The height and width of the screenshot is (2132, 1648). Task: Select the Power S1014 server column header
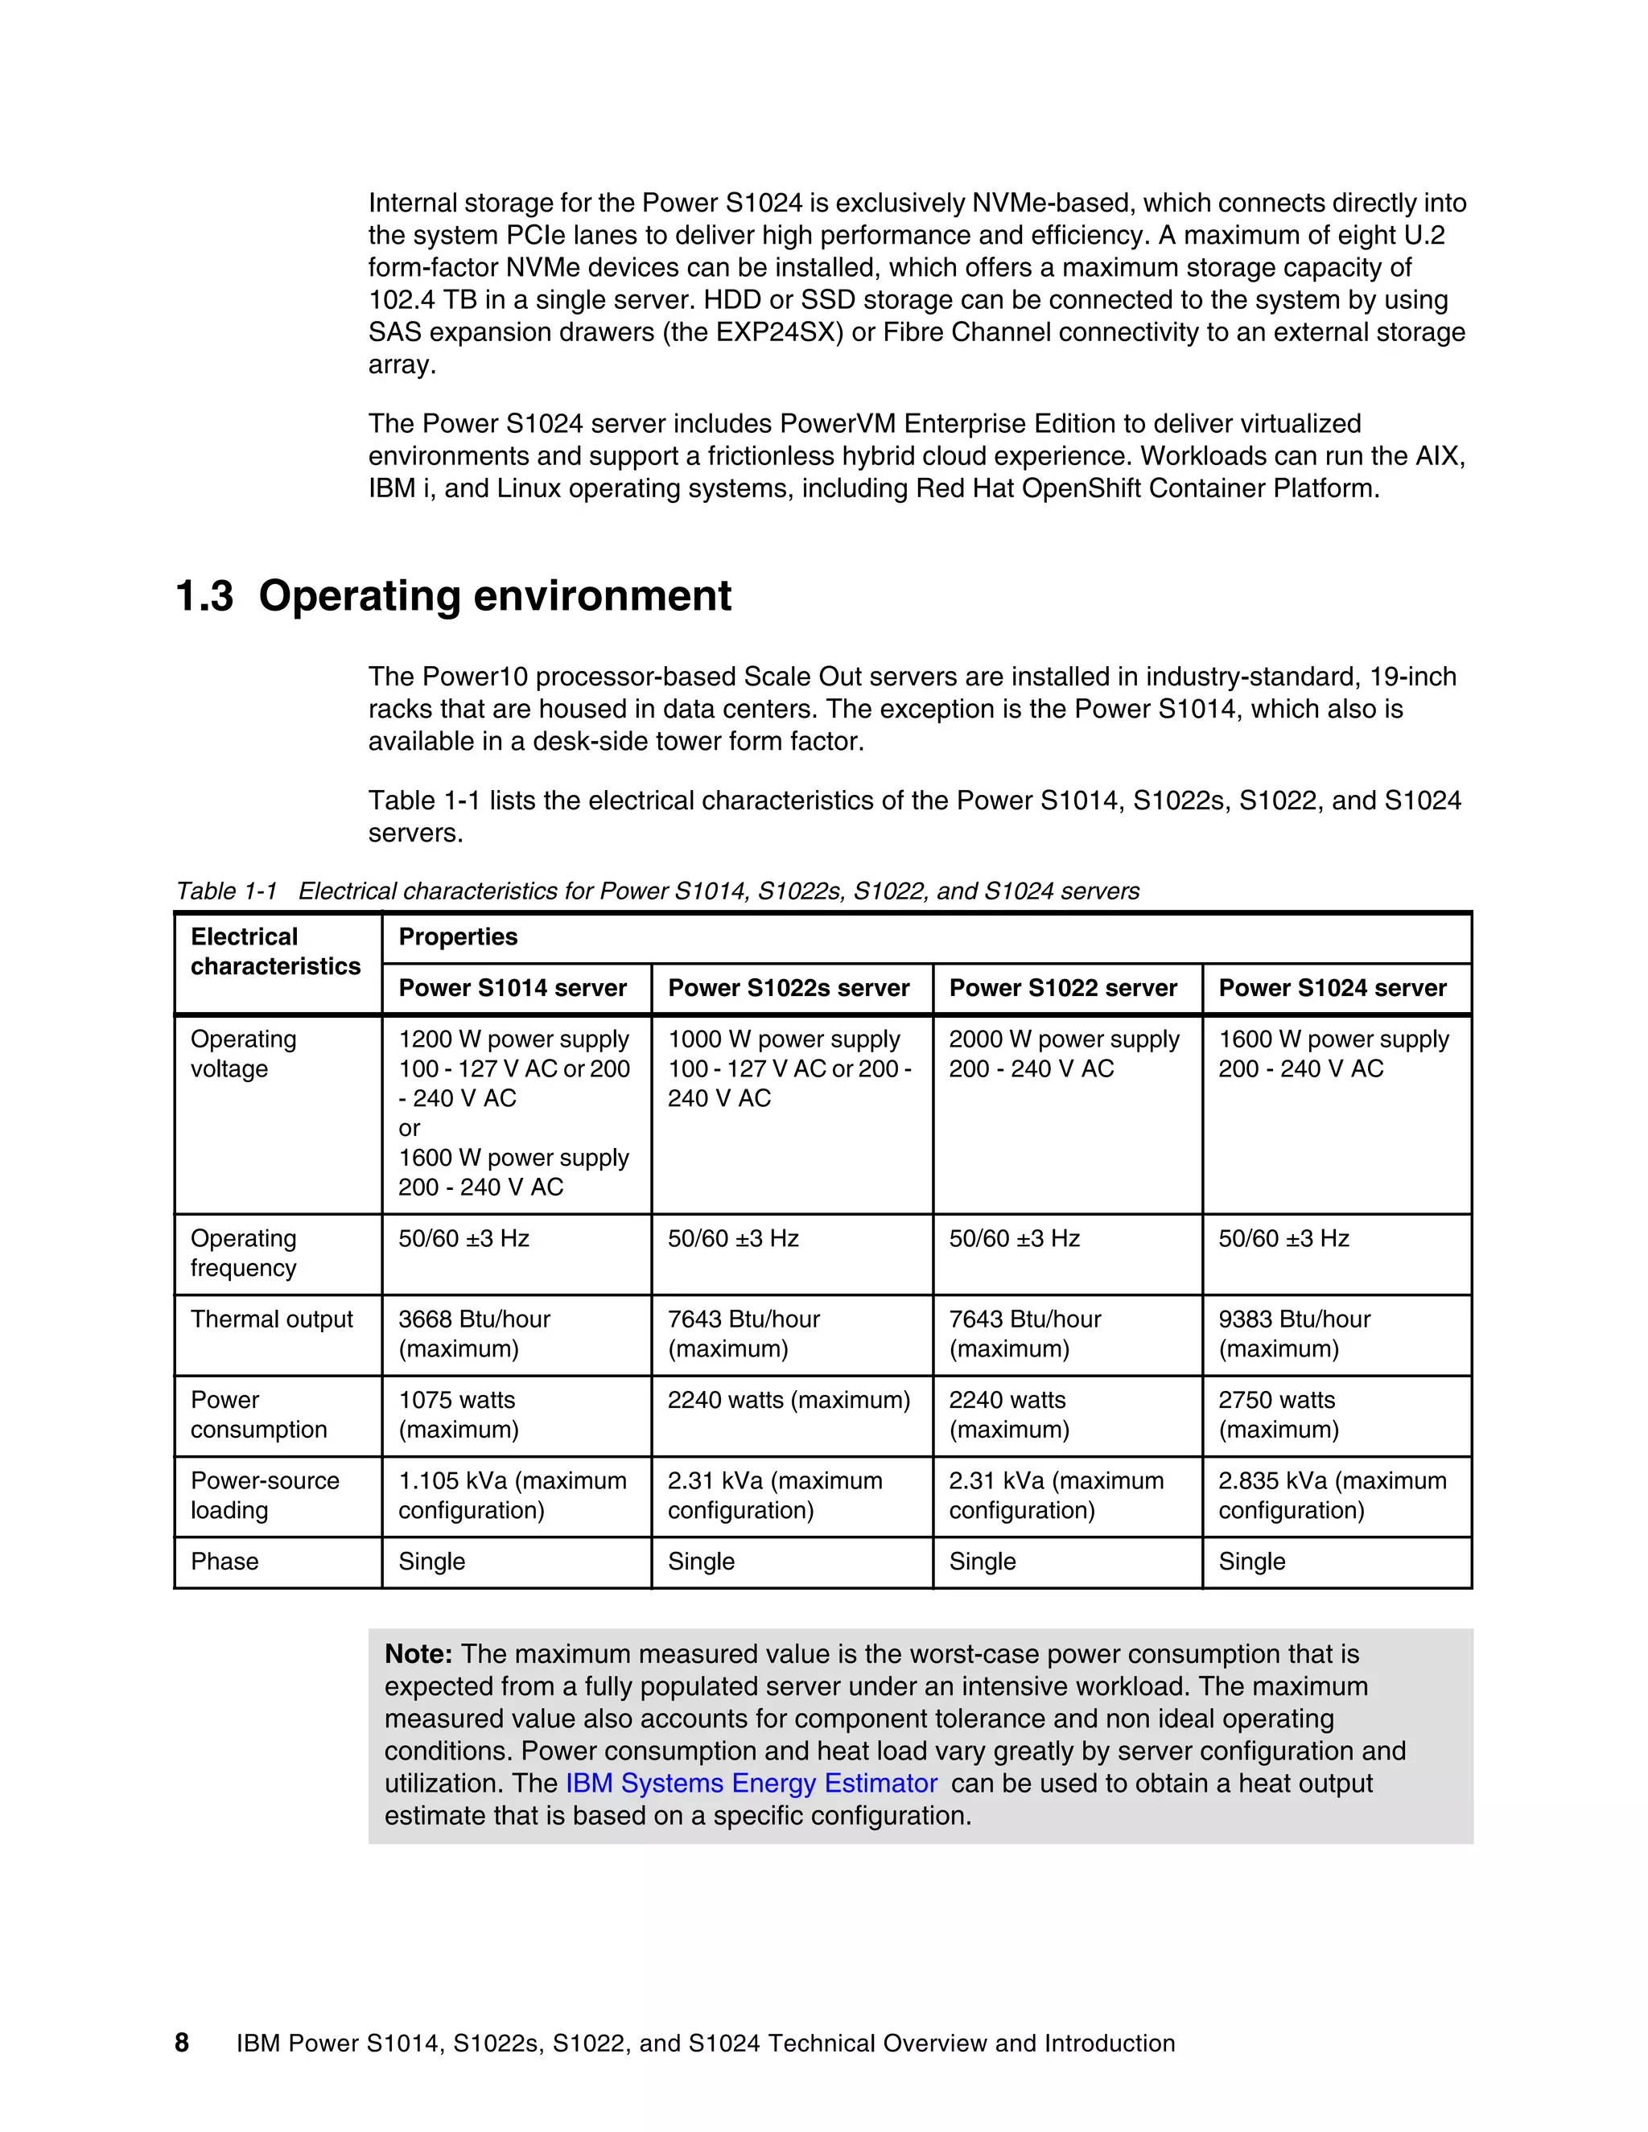[x=512, y=988]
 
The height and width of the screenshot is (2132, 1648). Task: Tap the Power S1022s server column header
[x=788, y=988]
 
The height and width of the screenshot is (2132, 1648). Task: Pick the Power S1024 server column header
[x=1332, y=988]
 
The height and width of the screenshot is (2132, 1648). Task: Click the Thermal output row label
[x=271, y=1319]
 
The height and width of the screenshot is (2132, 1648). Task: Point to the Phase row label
[x=225, y=1561]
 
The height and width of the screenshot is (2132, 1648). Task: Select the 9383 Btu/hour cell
[x=1294, y=1333]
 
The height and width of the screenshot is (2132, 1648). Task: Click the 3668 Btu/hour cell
[x=475, y=1333]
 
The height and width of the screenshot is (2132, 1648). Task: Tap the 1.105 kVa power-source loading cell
[x=512, y=1495]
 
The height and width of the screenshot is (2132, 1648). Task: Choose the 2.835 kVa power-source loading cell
[x=1332, y=1495]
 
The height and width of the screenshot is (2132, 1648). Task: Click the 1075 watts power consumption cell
[x=458, y=1414]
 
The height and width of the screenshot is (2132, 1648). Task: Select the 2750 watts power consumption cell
[x=1277, y=1414]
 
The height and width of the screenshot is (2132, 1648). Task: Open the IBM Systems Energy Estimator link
[x=751, y=1783]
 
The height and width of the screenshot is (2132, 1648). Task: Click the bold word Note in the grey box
[x=417, y=1653]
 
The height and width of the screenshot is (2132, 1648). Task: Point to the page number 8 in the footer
[x=182, y=2042]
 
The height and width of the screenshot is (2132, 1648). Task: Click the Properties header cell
[x=458, y=937]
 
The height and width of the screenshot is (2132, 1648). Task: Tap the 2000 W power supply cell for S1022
[x=1063, y=1053]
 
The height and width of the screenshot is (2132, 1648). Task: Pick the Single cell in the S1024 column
[x=1251, y=1561]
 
